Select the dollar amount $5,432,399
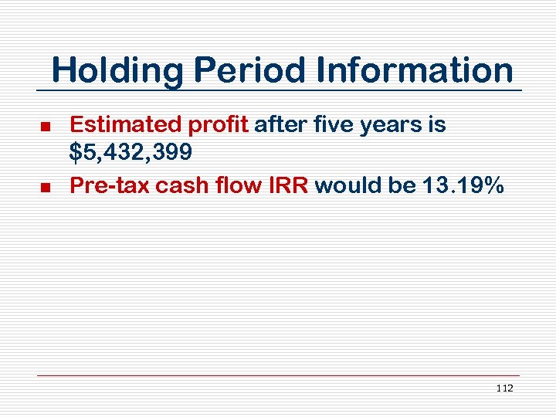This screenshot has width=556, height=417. coord(131,154)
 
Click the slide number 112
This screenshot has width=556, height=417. coord(505,388)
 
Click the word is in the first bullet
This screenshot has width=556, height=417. coord(436,124)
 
